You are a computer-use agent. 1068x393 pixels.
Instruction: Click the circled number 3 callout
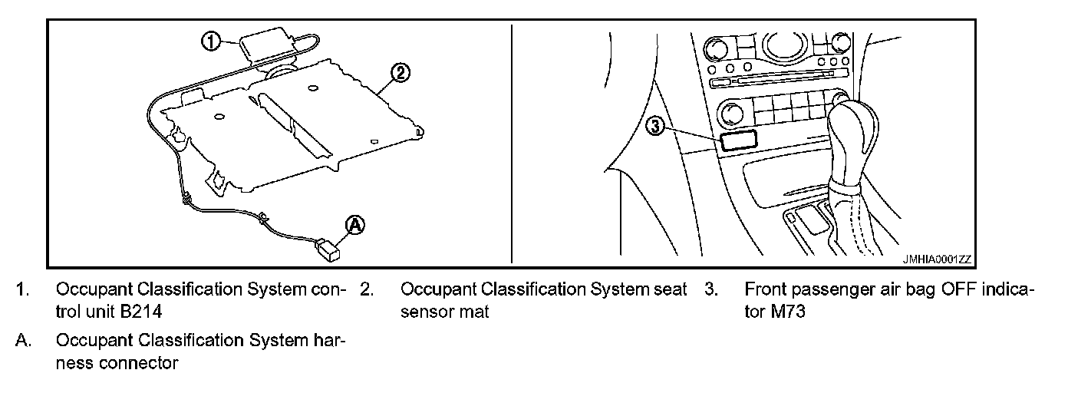(654, 125)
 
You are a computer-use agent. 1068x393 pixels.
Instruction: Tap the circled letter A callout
(354, 224)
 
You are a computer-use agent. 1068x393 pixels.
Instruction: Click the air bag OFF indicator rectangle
(737, 139)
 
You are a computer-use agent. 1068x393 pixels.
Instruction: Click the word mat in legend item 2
(476, 312)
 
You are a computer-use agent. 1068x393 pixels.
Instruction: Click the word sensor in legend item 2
(430, 312)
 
